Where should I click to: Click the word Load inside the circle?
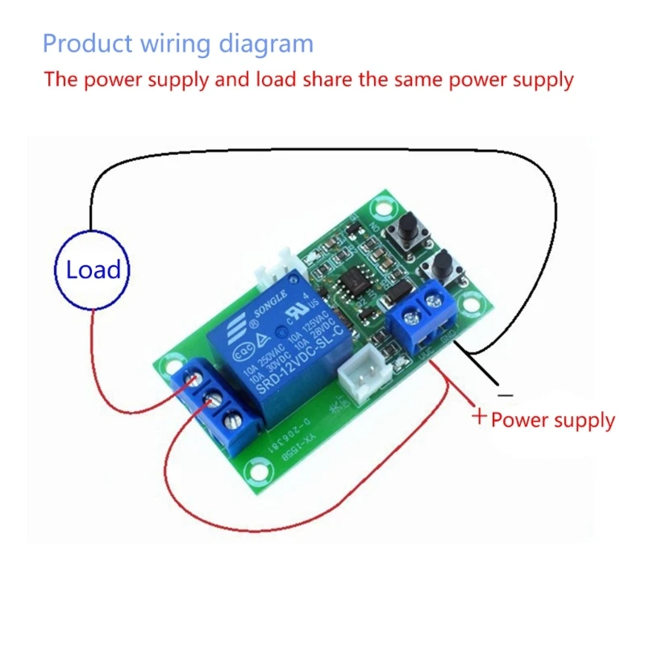click(x=93, y=270)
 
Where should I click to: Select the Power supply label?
click(x=553, y=420)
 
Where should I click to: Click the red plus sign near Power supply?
click(x=479, y=417)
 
